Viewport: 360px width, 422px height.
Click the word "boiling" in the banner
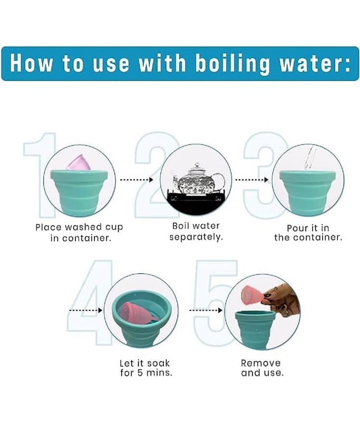(232, 64)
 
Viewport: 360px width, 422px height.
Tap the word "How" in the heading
(31, 63)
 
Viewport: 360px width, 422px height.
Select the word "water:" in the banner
(315, 63)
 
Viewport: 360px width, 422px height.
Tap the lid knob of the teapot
(197, 164)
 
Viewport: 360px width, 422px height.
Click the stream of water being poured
(309, 159)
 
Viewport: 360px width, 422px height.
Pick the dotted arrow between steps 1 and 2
(137, 179)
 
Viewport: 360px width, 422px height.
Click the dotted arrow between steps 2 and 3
(251, 179)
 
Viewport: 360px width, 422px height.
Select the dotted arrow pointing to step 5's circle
(206, 310)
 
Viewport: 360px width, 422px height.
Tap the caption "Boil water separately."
(196, 232)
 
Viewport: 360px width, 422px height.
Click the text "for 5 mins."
(146, 373)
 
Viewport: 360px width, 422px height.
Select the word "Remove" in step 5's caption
(261, 363)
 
